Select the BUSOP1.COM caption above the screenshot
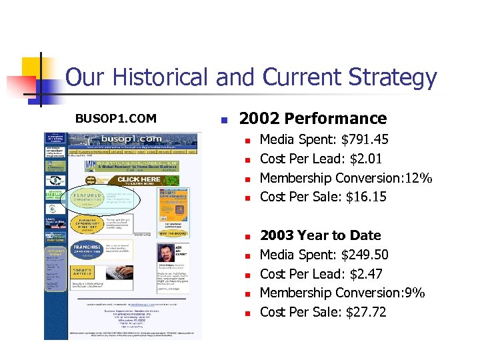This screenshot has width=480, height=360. [x=115, y=119]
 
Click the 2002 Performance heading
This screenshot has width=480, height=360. [x=313, y=119]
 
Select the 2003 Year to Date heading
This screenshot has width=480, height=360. [x=320, y=235]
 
